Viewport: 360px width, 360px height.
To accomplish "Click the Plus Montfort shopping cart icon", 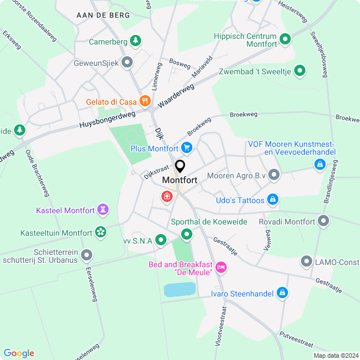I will click(187, 148).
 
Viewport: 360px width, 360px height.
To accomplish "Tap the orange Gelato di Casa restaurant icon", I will click(145, 101).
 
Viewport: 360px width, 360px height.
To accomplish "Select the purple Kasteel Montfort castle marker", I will click(102, 210).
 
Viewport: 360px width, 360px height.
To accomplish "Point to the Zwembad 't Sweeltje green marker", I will click(300, 70).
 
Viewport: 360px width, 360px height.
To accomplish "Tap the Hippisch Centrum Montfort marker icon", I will click(285, 39).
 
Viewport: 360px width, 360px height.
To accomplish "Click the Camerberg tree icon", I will click(135, 41).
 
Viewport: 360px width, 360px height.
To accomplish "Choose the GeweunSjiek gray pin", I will click(128, 62).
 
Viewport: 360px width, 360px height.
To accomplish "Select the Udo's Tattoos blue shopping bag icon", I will click(273, 200).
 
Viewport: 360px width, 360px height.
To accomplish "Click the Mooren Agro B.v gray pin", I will click(274, 175).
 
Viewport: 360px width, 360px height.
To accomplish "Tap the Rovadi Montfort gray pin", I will click(323, 221).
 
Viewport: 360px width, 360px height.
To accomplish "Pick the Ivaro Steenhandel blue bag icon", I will click(282, 292).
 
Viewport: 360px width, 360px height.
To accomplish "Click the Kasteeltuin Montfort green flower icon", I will click(101, 232).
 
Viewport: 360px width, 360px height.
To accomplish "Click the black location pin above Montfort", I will click(180, 166).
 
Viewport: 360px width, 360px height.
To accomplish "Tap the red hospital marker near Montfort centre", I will click(166, 196).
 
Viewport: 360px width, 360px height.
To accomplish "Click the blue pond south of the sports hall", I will click(179, 290).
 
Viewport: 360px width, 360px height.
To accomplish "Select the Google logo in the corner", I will click(19, 353).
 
